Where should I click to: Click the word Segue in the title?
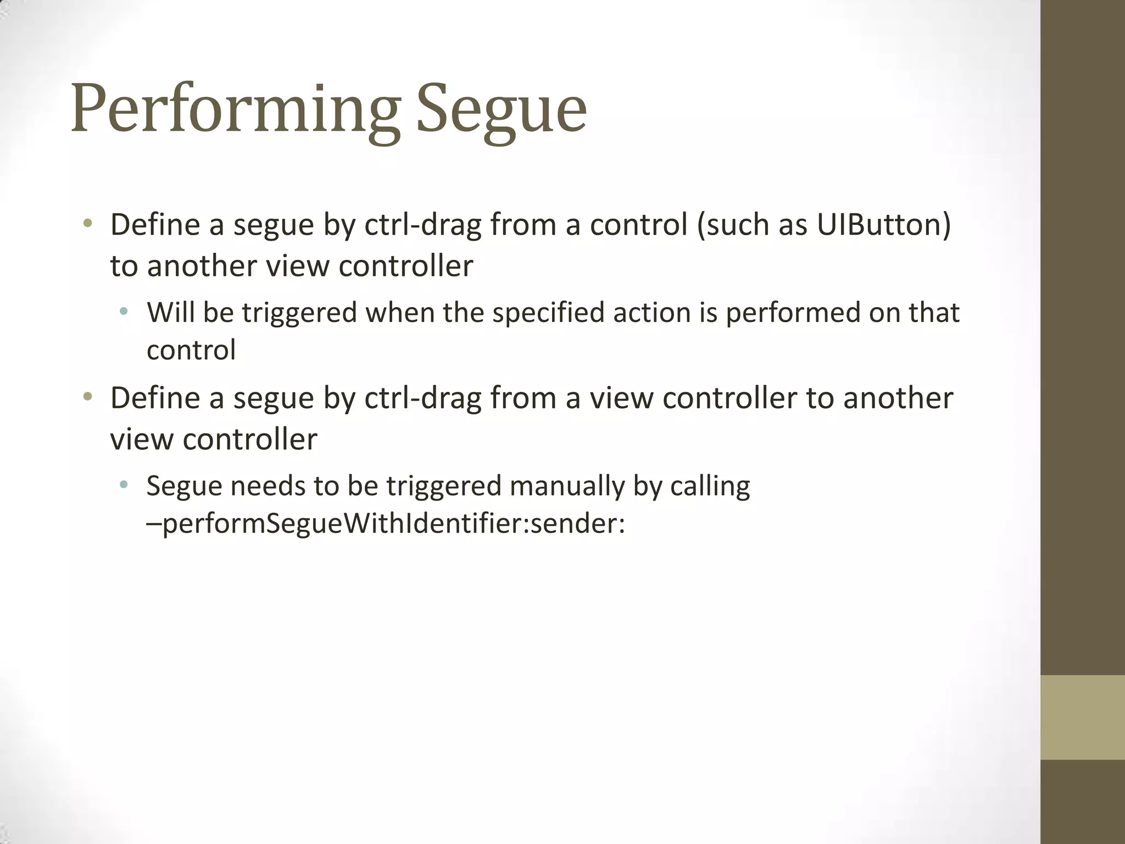click(502, 109)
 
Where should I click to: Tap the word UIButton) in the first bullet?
click(884, 225)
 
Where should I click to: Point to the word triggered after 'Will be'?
click(299, 313)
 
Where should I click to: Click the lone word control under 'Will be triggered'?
click(191, 350)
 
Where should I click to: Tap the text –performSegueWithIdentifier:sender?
click(386, 524)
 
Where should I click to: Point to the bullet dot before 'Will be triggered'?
click(124, 312)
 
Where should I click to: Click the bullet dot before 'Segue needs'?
click(124, 485)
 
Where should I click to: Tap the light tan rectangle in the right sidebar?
click(1083, 717)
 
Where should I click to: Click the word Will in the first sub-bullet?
click(171, 313)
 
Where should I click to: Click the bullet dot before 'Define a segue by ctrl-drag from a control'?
click(87, 224)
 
